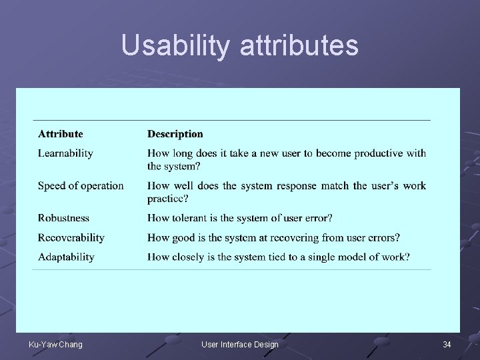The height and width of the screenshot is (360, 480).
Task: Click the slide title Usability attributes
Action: point(240,45)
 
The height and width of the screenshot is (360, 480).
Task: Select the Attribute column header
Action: point(61,134)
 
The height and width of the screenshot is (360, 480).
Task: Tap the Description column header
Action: point(175,134)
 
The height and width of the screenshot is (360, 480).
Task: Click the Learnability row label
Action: point(65,153)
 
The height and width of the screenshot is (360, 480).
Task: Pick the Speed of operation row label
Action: point(81,185)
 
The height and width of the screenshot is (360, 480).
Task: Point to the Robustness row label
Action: point(63,218)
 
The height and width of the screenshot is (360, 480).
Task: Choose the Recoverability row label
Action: point(71,237)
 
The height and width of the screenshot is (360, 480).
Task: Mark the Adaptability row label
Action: point(66,257)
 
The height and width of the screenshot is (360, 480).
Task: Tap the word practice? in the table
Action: point(168,198)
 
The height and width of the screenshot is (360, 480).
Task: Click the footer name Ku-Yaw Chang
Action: point(55,344)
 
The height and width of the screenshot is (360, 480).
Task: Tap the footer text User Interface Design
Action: point(240,344)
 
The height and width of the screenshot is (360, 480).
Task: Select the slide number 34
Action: point(447,344)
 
